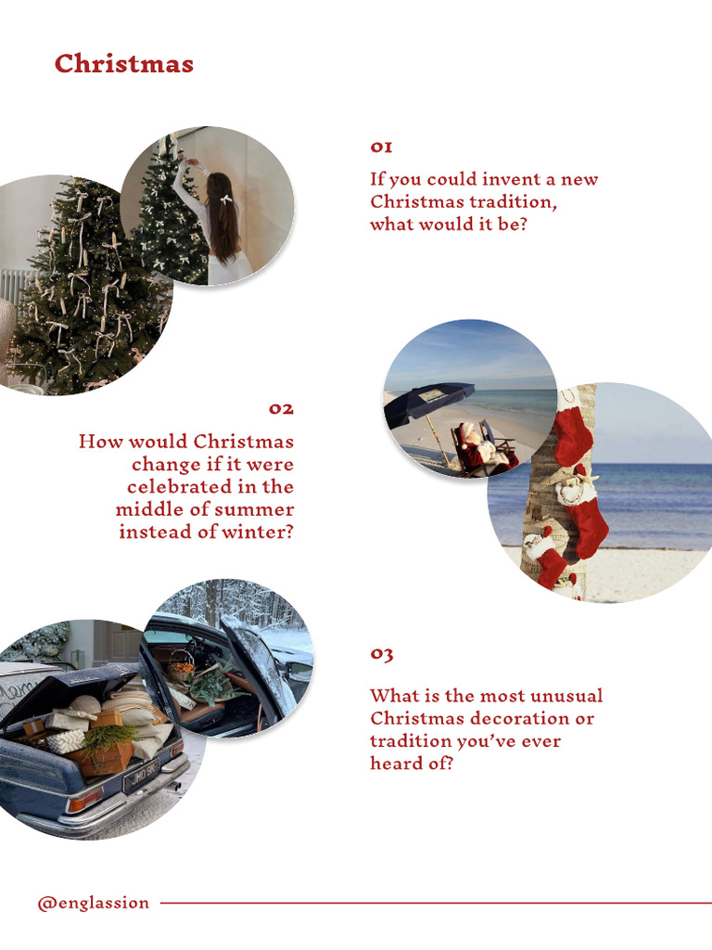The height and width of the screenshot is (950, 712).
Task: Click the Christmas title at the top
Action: pos(123,64)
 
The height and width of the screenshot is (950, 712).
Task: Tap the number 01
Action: pos(381,147)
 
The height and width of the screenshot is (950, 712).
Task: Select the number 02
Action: pos(281,409)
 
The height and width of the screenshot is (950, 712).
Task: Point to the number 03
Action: pos(381,654)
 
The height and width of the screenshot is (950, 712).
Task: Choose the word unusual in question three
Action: pos(566,696)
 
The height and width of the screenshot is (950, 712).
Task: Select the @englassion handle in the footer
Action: pos(93,903)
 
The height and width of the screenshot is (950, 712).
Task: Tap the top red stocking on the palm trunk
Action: pos(574,434)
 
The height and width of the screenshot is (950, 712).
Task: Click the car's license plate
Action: pos(142,776)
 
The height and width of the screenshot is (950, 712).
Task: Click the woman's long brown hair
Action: pos(222,218)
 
